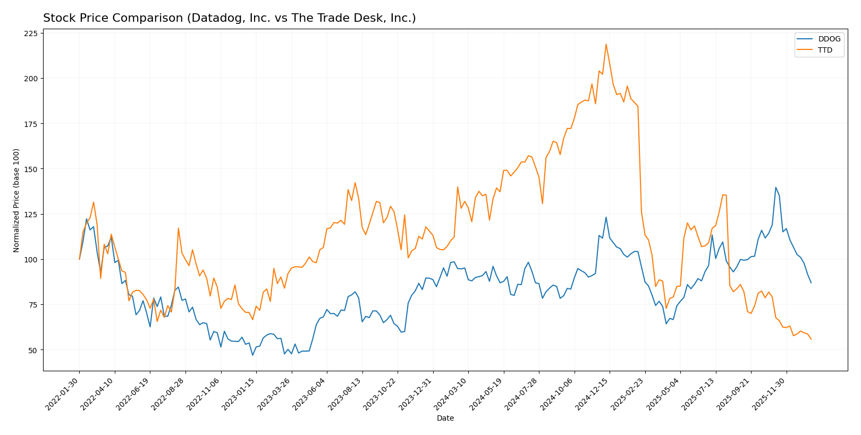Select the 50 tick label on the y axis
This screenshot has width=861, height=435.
point(33,350)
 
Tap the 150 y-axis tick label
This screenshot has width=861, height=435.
point(31,169)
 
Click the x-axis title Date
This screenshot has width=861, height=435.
point(445,419)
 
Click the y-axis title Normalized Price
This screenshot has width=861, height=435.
point(16,200)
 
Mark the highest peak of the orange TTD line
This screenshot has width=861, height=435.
point(606,44)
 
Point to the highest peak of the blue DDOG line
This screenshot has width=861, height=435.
point(775,187)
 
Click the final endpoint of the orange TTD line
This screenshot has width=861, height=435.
point(811,339)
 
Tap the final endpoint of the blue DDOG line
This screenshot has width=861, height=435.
point(811,283)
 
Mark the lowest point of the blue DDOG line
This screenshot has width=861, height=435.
point(252,355)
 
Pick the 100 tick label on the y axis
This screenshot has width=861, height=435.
point(31,260)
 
